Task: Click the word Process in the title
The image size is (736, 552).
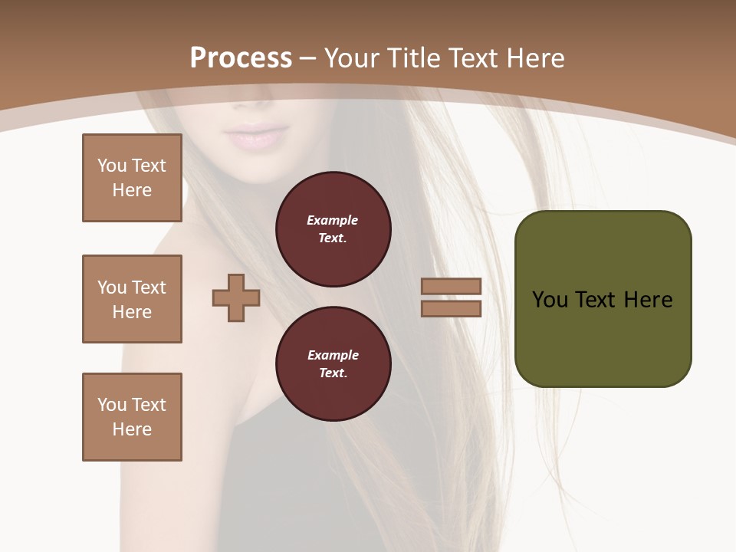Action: (241, 58)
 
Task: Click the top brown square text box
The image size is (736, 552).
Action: (132, 178)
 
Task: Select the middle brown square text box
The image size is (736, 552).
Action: (132, 299)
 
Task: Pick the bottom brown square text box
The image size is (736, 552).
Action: (132, 417)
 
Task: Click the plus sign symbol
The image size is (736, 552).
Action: (236, 297)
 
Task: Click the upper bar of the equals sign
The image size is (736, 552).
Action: (451, 286)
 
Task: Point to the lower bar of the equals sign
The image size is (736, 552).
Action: (451, 309)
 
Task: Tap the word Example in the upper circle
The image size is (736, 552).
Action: (333, 220)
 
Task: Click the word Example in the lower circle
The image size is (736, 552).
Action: (333, 355)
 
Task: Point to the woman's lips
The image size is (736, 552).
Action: (254, 137)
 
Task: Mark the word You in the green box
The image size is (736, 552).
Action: (550, 300)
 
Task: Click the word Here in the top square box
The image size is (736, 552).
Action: (132, 190)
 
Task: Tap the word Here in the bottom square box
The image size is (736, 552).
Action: (132, 429)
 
